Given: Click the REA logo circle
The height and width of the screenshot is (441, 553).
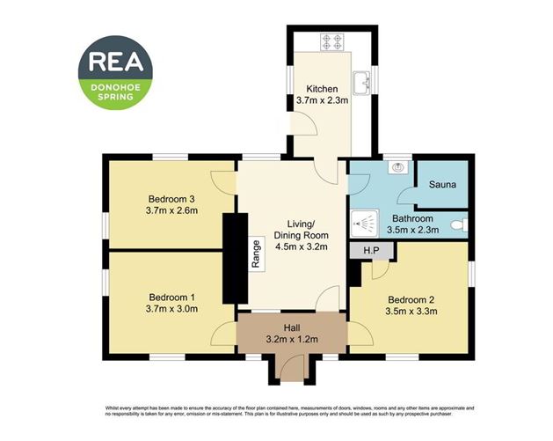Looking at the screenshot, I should [115, 71].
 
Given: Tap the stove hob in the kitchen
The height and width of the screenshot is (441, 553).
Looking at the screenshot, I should [334, 40].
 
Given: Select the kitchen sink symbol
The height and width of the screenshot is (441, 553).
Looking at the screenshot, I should [360, 84].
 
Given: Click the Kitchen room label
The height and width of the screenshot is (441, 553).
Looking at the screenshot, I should [321, 89].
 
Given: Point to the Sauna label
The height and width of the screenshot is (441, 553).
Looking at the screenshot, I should [441, 186].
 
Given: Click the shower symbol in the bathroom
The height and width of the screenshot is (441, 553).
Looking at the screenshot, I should [364, 222].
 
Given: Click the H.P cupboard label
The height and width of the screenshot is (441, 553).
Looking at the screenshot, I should [372, 251].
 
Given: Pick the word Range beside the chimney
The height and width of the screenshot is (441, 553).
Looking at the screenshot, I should [256, 254].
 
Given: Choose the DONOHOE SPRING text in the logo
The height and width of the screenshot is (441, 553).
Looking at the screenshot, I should [115, 91].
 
